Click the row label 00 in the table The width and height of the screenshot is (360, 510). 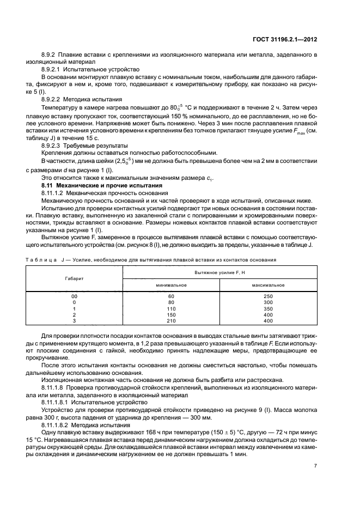click(x=75, y=295)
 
